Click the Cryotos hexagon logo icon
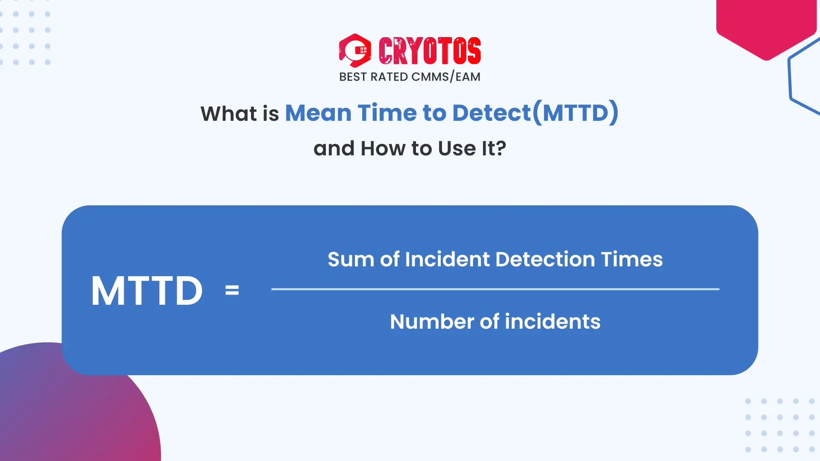[x=355, y=50]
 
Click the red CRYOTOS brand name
[x=430, y=50]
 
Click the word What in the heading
[x=229, y=114]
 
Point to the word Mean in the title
[x=318, y=113]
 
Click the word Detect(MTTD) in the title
[x=535, y=113]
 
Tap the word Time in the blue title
[x=387, y=113]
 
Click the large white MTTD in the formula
[x=147, y=291]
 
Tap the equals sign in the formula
[x=232, y=291]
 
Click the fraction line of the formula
[x=495, y=289]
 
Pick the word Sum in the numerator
[x=351, y=260]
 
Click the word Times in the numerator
[x=632, y=260]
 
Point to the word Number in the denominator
[x=432, y=322]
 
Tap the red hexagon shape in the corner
[x=766, y=26]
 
